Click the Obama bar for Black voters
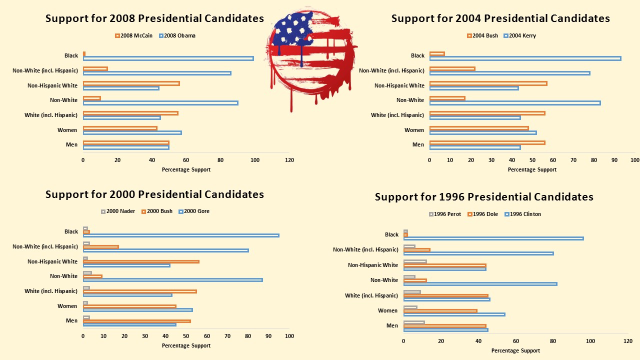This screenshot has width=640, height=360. [x=168, y=58]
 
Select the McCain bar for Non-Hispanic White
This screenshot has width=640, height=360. [x=131, y=83]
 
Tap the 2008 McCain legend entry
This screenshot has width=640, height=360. [x=134, y=35]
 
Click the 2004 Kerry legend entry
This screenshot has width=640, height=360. [x=520, y=35]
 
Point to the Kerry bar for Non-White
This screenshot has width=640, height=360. [x=514, y=103]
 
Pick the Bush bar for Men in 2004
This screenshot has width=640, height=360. [x=487, y=142]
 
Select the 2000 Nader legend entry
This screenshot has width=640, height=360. [x=118, y=211]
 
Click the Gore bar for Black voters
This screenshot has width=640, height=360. [x=181, y=235]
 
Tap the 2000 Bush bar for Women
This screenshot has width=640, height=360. [x=129, y=306]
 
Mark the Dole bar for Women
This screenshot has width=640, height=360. [x=440, y=310]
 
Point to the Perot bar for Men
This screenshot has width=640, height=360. [x=414, y=322]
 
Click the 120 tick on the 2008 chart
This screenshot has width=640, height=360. [x=289, y=160]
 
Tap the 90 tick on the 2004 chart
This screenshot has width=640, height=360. [x=614, y=160]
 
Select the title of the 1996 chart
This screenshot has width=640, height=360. [x=484, y=197]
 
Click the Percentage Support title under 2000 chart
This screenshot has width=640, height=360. [x=186, y=345]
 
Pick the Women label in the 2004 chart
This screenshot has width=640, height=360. [x=414, y=130]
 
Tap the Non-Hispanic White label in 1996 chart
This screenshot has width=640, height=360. [x=373, y=265]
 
